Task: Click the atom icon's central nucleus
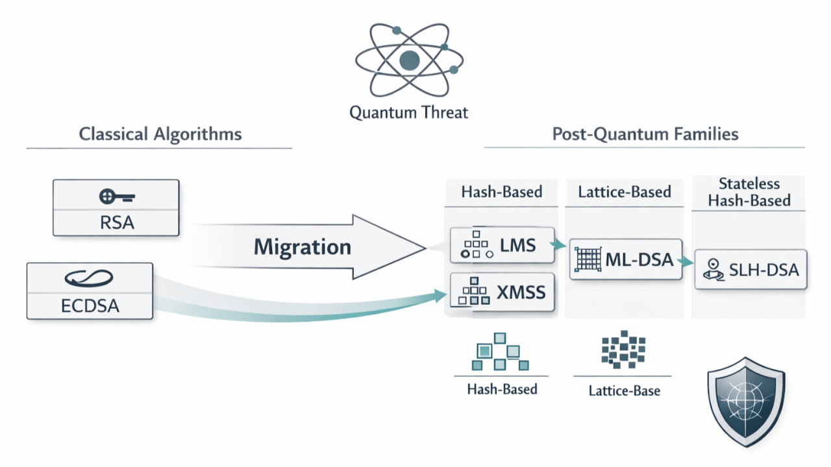(409, 60)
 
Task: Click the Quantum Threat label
(408, 112)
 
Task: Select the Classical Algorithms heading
(160, 134)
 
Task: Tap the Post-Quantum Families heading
(645, 134)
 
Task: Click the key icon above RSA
(117, 197)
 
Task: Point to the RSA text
(117, 222)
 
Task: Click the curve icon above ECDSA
(89, 278)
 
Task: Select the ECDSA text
(90, 305)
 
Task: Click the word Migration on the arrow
(303, 247)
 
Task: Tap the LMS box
(502, 245)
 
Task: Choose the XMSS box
(502, 292)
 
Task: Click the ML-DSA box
(626, 259)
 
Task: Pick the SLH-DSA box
(751, 269)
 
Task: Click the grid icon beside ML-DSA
(588, 259)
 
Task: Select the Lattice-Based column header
(625, 192)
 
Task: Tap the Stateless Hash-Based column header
(749, 192)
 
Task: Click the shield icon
(746, 401)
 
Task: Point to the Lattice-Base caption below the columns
(625, 390)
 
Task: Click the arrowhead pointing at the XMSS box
(440, 296)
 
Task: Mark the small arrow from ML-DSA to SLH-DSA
(686, 262)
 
